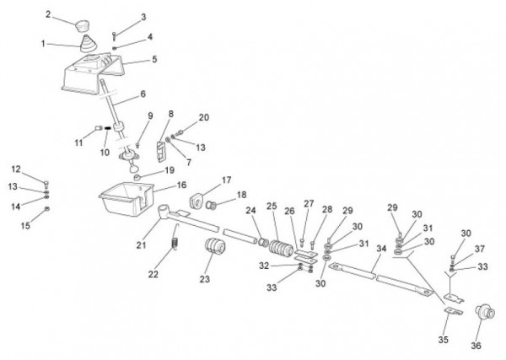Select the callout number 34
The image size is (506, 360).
point(381,248)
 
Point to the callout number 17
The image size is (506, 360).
point(226,180)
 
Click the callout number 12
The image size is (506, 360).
point(15,169)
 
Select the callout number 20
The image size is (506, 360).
point(203,117)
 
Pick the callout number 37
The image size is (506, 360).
point(479,248)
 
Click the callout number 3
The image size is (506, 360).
point(143,17)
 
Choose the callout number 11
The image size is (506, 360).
point(78,143)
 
